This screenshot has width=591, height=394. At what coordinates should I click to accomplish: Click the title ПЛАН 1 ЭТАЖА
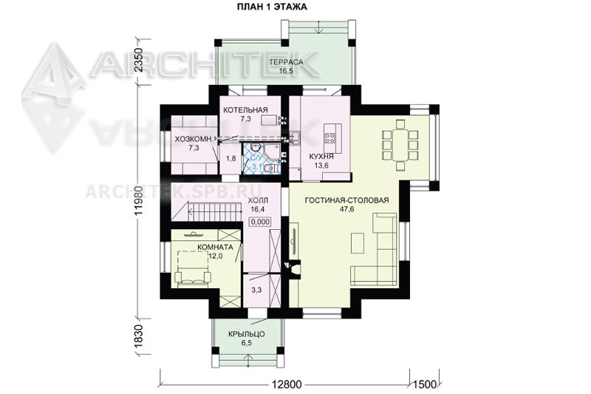pyautogui.click(x=271, y=7)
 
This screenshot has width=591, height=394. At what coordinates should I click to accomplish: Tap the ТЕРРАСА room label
pyautogui.click(x=287, y=62)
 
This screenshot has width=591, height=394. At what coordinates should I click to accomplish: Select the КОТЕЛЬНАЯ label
pyautogui.click(x=245, y=110)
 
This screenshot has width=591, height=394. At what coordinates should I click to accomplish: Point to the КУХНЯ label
pyautogui.click(x=321, y=157)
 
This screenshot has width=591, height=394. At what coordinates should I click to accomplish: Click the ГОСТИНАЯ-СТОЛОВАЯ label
pyautogui.click(x=346, y=200)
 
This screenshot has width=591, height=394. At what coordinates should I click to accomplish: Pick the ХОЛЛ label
pyautogui.click(x=259, y=200)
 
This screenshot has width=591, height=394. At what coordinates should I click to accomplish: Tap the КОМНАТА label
pyautogui.click(x=215, y=248)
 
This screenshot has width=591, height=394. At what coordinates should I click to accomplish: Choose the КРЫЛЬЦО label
pyautogui.click(x=247, y=334)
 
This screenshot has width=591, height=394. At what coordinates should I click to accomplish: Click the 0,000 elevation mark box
pyautogui.click(x=260, y=222)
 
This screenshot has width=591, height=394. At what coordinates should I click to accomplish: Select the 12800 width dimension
pyautogui.click(x=287, y=384)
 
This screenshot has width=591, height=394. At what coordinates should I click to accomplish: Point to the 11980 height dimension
pyautogui.click(x=139, y=200)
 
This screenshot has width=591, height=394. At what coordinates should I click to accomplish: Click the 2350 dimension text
pyautogui.click(x=139, y=61)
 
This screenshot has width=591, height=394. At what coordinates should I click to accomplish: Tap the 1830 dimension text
pyautogui.click(x=139, y=336)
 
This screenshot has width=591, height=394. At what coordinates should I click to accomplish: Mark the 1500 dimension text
pyautogui.click(x=425, y=384)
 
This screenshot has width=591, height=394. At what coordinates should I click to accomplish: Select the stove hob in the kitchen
pyautogui.click(x=330, y=138)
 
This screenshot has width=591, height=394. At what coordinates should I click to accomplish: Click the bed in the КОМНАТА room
pyautogui.click(x=193, y=267)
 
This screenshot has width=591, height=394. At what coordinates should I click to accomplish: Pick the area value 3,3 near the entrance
pyautogui.click(x=256, y=290)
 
